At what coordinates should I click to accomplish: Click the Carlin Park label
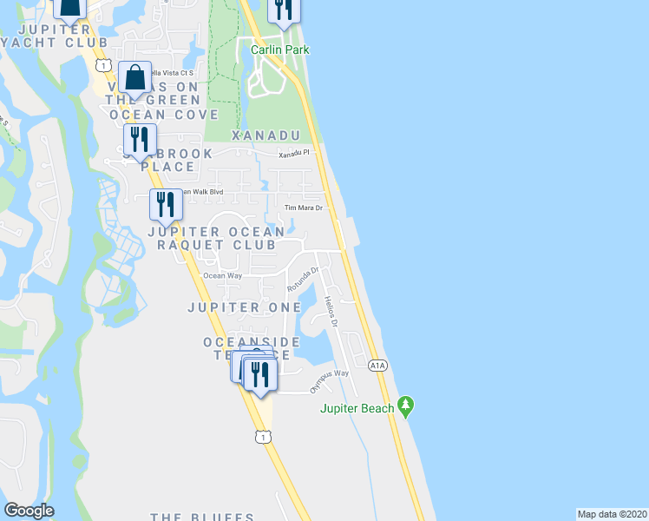point(279,49)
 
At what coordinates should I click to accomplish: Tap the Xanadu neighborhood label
point(265,135)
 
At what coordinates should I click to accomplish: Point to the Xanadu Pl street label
point(293,154)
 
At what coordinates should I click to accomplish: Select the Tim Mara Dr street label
point(304,208)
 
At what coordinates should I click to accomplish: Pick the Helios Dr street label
point(330,311)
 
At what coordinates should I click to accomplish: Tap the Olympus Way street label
point(330,374)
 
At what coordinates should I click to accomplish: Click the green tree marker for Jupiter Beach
point(404,406)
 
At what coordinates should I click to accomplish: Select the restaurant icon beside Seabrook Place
point(139,139)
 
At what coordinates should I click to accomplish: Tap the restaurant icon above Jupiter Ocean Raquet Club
point(166,205)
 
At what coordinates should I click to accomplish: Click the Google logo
point(29,511)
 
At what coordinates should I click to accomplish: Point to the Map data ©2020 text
point(613,513)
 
